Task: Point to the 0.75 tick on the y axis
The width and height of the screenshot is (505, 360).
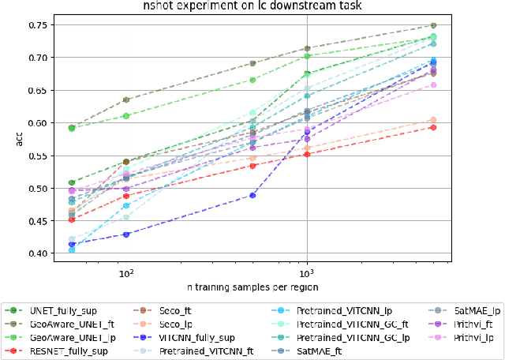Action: pyautogui.click(x=35, y=25)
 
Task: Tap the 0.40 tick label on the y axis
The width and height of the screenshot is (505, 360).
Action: pyautogui.click(x=35, y=253)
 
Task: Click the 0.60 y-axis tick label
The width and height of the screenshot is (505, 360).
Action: pyautogui.click(x=35, y=123)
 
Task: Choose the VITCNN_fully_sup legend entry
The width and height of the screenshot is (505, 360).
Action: pyautogui.click(x=196, y=337)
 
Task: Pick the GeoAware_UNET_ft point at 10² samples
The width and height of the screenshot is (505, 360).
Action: pyautogui.click(x=125, y=100)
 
